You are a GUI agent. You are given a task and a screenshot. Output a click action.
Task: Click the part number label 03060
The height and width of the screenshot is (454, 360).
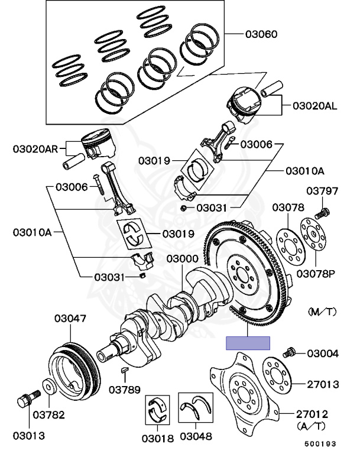[x=261, y=34]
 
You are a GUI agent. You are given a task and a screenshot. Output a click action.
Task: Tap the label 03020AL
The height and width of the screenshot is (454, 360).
[x=315, y=106]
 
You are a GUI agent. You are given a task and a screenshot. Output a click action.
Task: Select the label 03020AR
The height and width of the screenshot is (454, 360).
[x=35, y=149]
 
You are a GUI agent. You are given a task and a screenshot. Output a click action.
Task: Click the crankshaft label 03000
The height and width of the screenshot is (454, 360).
[x=182, y=259]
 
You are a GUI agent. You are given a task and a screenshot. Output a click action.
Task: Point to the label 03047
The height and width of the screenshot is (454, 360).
[x=70, y=319]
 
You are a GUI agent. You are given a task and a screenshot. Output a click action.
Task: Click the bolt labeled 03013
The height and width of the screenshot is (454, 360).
[x=29, y=398]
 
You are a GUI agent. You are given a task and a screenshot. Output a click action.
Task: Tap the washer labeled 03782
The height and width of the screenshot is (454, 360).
[x=50, y=386]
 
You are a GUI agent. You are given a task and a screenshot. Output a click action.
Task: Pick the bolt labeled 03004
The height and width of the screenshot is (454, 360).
[x=289, y=352]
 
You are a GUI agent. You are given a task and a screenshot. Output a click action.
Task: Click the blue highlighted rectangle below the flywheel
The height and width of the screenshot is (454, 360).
[x=248, y=343]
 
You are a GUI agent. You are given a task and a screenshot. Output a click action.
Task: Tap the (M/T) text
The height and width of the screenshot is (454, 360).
[x=322, y=312]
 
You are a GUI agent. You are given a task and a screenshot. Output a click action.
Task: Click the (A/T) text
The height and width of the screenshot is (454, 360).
[x=311, y=426]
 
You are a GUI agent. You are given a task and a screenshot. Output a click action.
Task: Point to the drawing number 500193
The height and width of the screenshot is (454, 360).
[x=320, y=444]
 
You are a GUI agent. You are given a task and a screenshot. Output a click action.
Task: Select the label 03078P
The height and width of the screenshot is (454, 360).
[x=316, y=274]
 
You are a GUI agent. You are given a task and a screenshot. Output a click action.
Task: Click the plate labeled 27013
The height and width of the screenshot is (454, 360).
[x=277, y=376]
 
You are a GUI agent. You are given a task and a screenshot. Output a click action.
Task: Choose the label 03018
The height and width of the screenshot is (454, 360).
[x=158, y=439]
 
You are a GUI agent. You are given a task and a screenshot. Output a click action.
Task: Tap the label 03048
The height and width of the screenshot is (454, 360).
[x=196, y=436]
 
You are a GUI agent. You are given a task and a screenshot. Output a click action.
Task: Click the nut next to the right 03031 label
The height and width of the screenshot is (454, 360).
[x=183, y=208]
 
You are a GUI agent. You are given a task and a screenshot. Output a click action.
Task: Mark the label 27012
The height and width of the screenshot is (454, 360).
[x=312, y=414]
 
